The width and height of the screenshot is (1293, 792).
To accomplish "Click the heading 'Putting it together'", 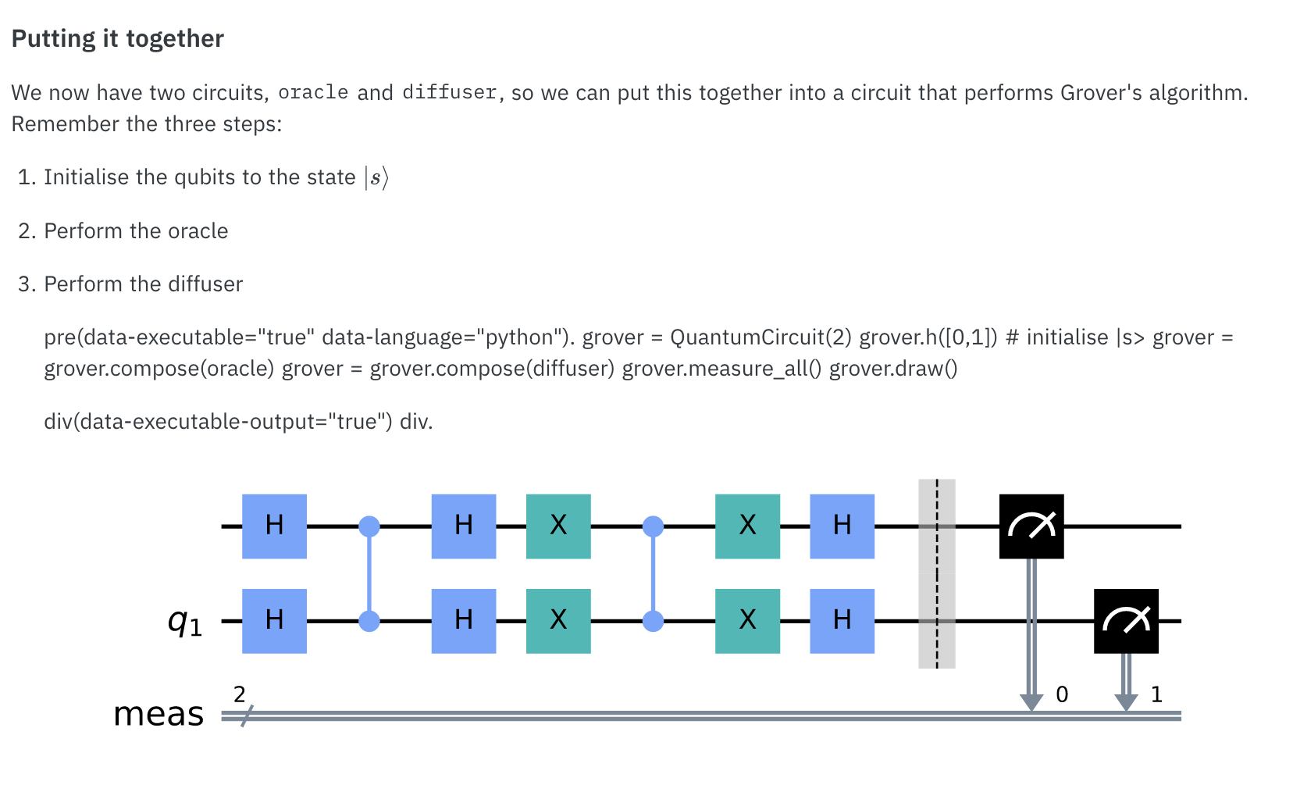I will (118, 38).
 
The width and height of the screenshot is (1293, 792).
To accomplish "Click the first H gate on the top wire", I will (274, 526).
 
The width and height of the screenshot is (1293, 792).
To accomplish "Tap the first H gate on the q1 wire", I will (274, 620).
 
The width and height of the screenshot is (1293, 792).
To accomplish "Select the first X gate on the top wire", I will (558, 526).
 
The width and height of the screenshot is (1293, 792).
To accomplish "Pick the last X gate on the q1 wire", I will (747, 620).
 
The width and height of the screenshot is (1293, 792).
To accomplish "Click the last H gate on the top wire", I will (842, 526).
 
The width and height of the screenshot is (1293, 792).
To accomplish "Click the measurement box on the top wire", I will (1031, 526).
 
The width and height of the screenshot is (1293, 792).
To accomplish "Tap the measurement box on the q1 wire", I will (1126, 620).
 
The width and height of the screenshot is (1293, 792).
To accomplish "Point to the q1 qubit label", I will (185, 622).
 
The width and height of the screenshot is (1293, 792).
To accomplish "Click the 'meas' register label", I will (159, 714).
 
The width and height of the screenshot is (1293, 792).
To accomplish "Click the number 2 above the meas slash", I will (240, 694).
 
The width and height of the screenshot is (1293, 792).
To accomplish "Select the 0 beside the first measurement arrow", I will (1062, 694).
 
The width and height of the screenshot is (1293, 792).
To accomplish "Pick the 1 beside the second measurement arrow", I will (1156, 694).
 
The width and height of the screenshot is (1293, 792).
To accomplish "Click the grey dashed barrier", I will (936, 573).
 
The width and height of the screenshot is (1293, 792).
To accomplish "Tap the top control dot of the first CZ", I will (369, 526).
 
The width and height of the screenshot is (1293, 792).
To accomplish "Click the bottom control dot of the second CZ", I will (653, 621).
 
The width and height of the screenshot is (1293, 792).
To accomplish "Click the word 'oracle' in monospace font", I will (313, 92).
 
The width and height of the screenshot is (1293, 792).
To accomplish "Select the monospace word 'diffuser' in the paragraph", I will (450, 92).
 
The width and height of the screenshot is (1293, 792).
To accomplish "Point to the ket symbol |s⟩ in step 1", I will (376, 177).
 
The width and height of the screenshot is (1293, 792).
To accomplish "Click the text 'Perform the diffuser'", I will (143, 284).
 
